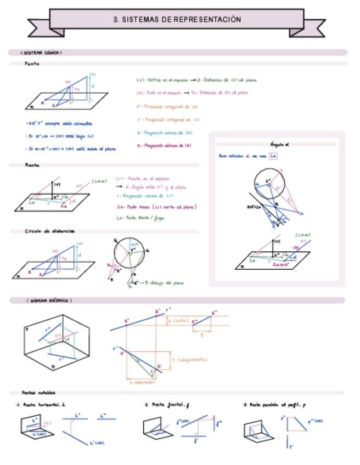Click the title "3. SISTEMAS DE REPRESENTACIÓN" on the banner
coord(177,20)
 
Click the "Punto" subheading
coord(32,64)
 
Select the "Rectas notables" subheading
coord(38,393)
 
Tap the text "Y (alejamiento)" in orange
coord(190,360)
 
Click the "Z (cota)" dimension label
coord(178,320)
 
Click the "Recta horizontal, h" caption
coord(44,405)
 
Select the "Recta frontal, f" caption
coord(171,405)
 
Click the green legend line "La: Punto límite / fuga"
coord(140,218)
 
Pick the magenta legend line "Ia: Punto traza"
coord(156,207)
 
